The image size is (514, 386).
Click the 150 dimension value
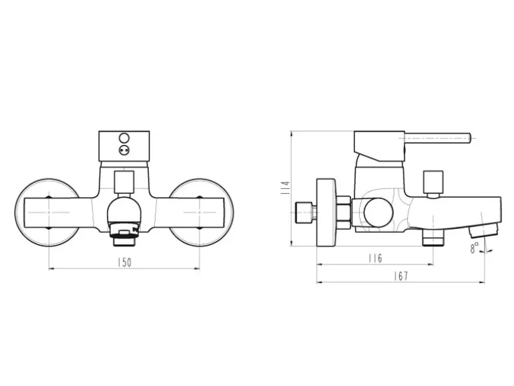[124, 262]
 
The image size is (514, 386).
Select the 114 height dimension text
[285, 188]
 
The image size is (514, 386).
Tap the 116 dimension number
[375, 258]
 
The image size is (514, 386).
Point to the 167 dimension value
[401, 276]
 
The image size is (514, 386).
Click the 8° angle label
[475, 247]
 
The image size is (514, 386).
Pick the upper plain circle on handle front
[125, 138]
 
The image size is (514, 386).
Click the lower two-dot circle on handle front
[125, 150]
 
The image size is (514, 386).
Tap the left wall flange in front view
[47, 212]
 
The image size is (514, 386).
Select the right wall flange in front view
[202, 212]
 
